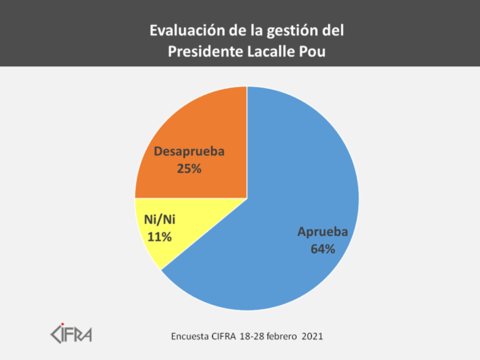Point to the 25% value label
(189, 169)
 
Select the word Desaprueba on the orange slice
(189, 151)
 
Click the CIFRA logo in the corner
(71, 330)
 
